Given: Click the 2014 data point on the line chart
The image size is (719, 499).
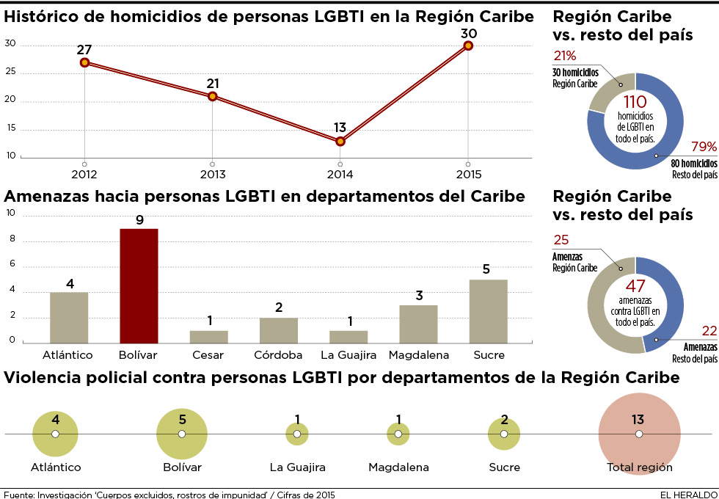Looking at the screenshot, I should pos(340,141).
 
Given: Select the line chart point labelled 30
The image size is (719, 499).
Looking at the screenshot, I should pos(468,45).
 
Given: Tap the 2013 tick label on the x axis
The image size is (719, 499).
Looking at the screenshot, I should pos(212,175).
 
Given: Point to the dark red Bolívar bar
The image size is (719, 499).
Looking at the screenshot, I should pos(139,285).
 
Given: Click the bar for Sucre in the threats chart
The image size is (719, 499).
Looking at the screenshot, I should pos(488,311).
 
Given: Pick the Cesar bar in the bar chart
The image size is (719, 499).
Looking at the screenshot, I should pos(209,337).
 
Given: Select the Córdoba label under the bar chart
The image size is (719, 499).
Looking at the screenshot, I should pos(278,355).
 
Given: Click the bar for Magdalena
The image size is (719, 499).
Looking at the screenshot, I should pos(418,324).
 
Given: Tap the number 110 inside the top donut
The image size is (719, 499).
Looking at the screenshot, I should pos(635,102).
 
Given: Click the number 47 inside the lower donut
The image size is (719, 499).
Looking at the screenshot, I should pos(635,285).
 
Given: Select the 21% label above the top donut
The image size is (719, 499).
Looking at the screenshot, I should pos(564,56).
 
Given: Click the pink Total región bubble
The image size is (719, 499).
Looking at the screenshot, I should pos(638,434).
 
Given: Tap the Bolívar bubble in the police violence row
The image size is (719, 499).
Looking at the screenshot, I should pos(182,434).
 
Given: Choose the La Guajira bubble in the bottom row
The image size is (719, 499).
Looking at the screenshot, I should pos(297,434).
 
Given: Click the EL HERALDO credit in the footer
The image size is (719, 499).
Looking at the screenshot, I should pos(687,495).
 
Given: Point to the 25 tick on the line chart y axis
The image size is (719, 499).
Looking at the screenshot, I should pos(10,73).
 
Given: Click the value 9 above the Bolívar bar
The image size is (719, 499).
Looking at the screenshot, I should pos(139,219).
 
